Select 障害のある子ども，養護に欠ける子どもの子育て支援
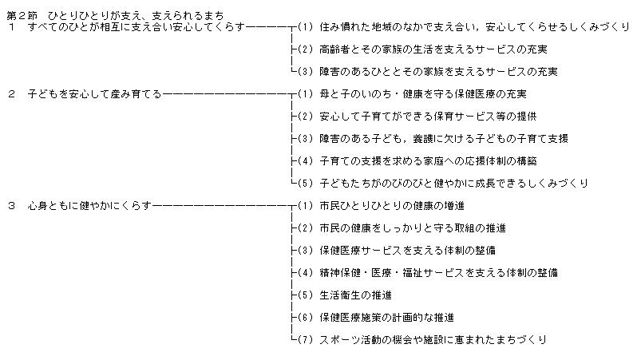pyautogui.click(x=443, y=138)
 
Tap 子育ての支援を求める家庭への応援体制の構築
pyautogui.click(x=432, y=160)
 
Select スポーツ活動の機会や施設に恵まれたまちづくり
pyautogui.click(x=432, y=339)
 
